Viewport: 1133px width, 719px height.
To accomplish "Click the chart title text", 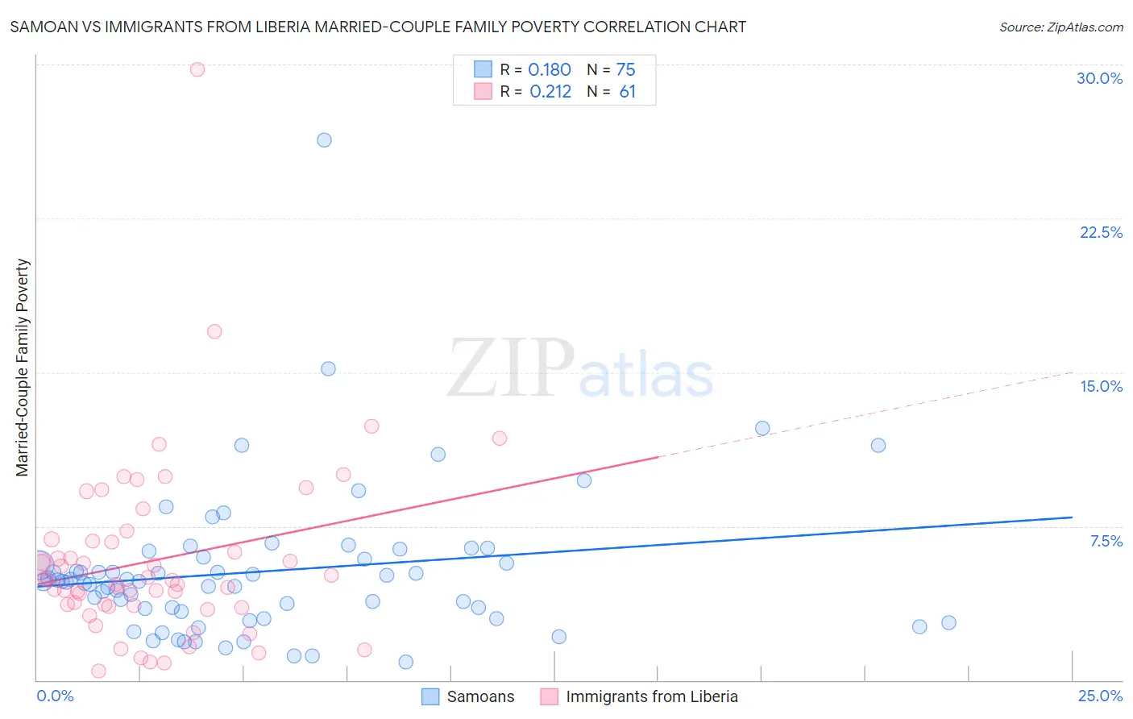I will coord(378,27).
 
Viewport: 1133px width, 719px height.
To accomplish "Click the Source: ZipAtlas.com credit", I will coord(1060,27).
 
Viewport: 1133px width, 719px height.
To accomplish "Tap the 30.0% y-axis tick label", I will coord(1099,78).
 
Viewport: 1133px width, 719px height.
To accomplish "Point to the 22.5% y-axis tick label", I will coord(1101,232).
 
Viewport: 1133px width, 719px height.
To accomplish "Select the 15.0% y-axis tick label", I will coord(1101,386).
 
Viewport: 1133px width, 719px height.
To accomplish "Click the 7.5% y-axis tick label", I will coord(1106,541).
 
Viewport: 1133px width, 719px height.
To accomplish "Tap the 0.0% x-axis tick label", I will coord(55,696).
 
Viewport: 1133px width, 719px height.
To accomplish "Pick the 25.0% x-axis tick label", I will coord(1100,696).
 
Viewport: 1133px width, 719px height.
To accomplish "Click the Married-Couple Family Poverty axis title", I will coord(23,368).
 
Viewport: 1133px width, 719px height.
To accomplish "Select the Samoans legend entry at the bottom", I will coord(469,696).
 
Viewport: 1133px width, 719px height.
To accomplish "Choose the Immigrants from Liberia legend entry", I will coord(640,696).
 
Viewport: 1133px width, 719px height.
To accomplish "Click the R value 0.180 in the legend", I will coord(550,70).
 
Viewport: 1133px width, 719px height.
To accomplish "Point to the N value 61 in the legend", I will coord(627,92).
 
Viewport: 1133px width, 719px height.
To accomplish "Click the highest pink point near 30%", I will coord(197,69).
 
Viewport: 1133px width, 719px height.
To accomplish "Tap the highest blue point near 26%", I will coord(324,140).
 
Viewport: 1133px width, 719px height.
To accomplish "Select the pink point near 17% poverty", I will coord(214,331).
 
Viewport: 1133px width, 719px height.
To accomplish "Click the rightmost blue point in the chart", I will coord(948,622).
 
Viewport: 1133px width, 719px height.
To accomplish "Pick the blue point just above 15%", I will coord(328,368).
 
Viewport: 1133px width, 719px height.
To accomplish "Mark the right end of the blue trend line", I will coord(1072,517).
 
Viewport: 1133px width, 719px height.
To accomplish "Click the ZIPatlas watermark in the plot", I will coord(580,370).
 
